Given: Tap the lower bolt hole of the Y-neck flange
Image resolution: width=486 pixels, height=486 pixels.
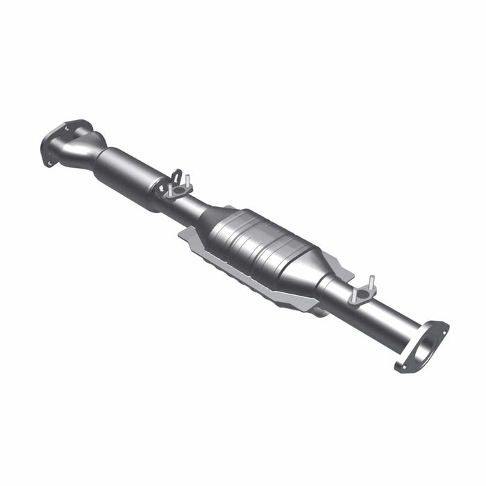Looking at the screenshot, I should pyautogui.click(x=49, y=162).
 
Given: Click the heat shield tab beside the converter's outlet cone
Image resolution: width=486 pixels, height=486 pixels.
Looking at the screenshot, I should pyautogui.click(x=333, y=265).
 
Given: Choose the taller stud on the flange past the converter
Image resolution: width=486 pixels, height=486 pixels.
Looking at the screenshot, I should pyautogui.click(x=371, y=282).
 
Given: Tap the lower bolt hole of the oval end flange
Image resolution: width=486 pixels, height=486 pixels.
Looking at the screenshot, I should pyautogui.click(x=401, y=365).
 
